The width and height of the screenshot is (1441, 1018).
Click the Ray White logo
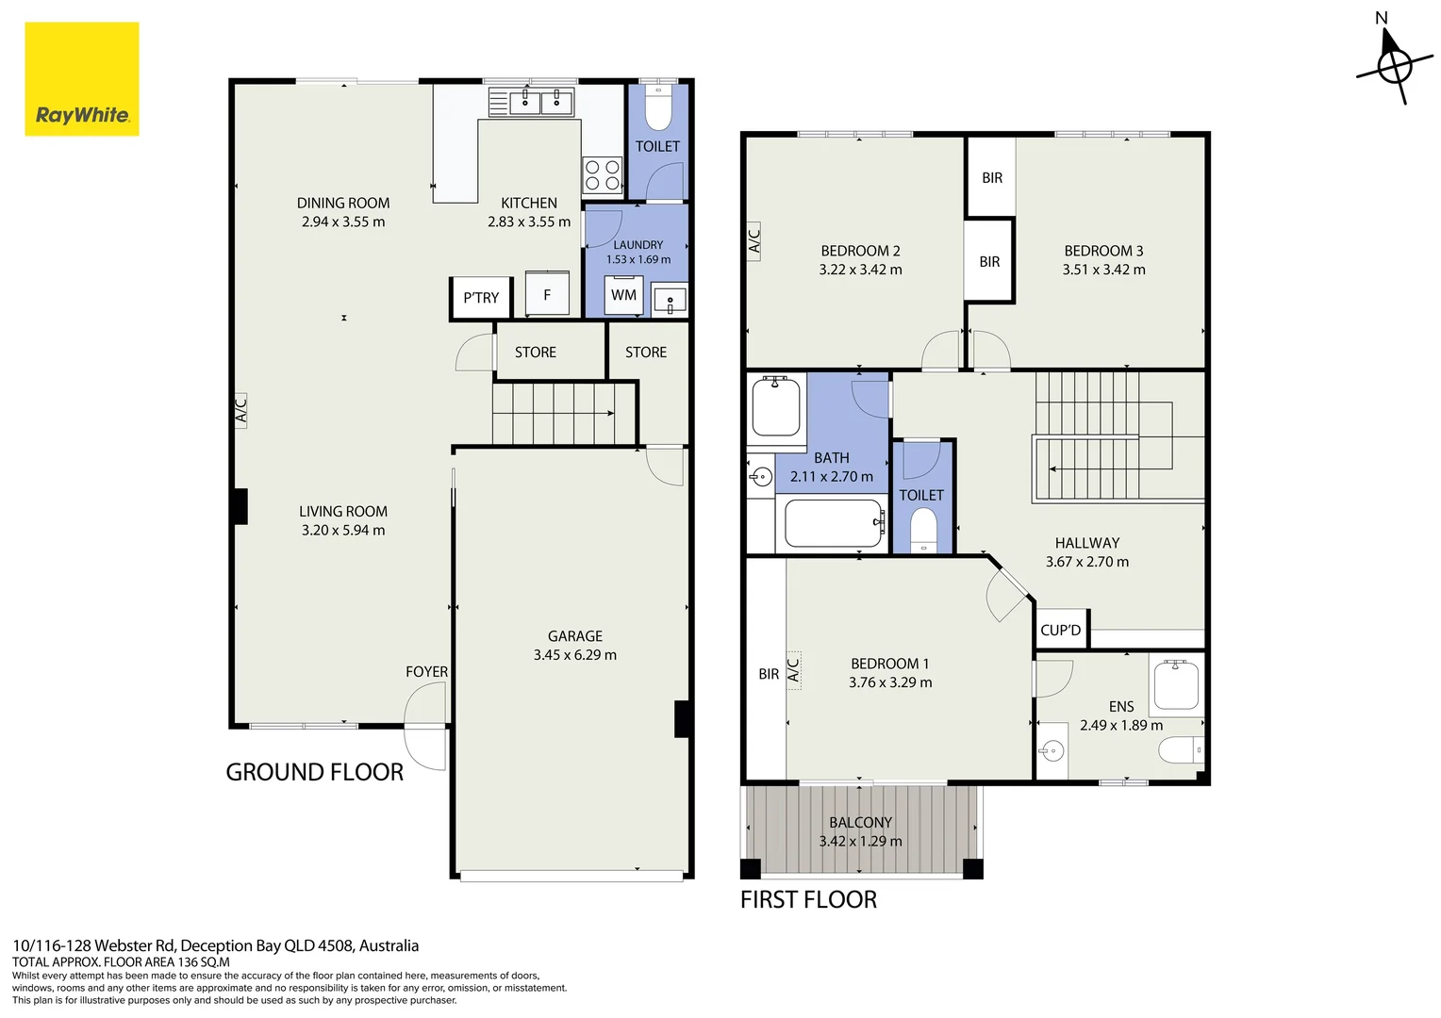(82, 79)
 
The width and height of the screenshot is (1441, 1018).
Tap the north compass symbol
(1394, 64)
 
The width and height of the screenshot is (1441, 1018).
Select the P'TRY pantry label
(481, 298)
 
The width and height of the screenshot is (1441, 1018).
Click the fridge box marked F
(548, 293)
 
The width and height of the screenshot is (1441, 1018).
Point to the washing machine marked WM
(624, 295)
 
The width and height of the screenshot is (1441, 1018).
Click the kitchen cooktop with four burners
(603, 175)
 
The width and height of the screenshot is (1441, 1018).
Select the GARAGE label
(575, 636)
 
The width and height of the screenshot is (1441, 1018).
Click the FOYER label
(426, 671)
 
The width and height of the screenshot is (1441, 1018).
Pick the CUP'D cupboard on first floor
(1061, 630)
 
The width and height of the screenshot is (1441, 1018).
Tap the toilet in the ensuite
(1181, 750)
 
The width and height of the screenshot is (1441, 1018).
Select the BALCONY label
(861, 823)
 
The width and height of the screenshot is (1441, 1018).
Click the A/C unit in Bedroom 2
(754, 241)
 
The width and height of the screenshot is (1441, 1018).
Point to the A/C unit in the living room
(240, 410)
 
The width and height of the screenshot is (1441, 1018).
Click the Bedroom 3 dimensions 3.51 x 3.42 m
(1104, 270)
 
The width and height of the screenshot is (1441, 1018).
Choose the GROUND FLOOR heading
(315, 772)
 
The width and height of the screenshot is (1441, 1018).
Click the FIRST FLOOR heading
(808, 899)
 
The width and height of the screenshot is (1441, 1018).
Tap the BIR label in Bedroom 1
(769, 674)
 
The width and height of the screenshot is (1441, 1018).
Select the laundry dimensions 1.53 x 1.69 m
(638, 260)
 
